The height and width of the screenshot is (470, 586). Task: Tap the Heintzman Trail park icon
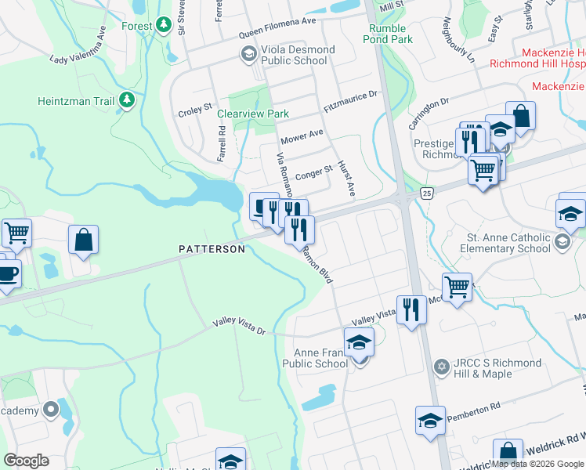(x=125, y=101)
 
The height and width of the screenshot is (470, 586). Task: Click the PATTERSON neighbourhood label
(x=212, y=249)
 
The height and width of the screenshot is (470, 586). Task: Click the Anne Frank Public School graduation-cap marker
(x=359, y=342)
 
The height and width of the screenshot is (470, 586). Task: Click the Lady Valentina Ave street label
(x=78, y=49)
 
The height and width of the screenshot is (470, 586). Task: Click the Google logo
(x=27, y=460)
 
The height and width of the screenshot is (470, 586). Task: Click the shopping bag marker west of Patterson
(x=83, y=240)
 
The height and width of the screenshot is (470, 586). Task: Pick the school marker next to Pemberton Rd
(x=430, y=421)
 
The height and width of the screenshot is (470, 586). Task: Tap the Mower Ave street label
(x=302, y=136)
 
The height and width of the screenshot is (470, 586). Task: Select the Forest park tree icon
(x=163, y=25)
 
